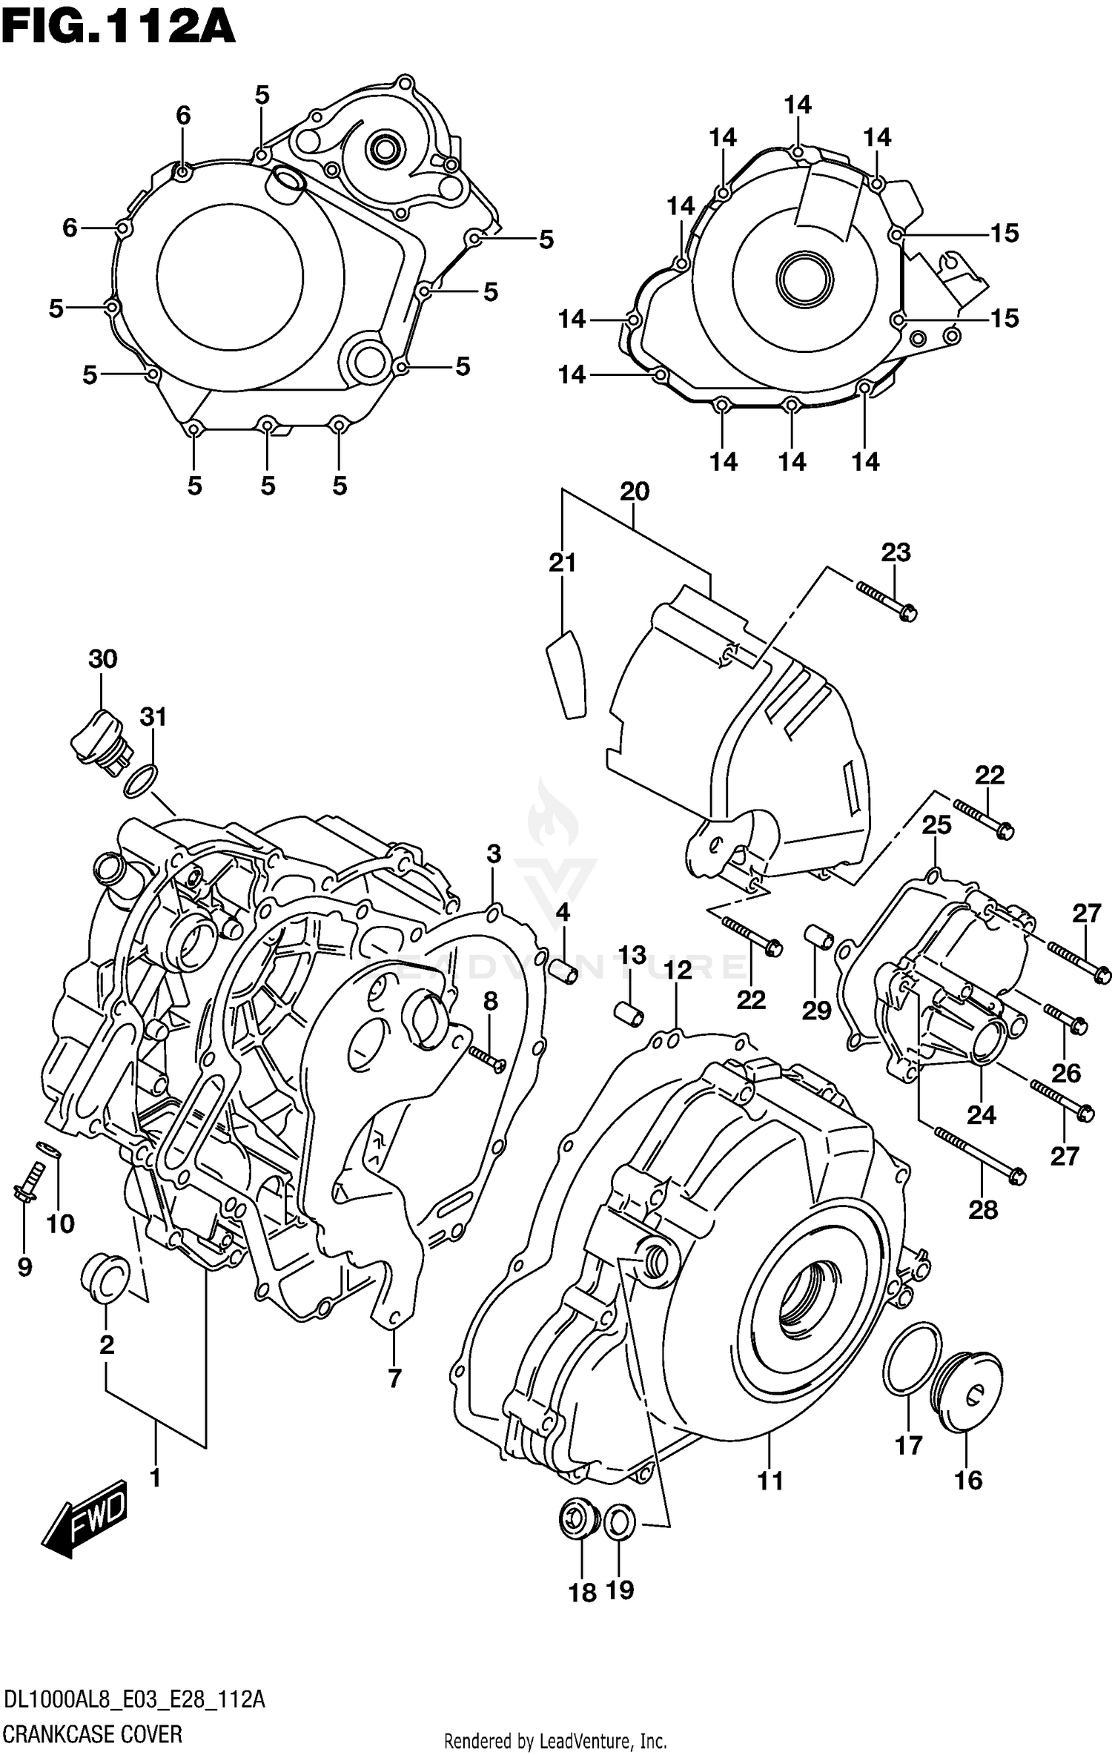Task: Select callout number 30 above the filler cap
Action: click(103, 658)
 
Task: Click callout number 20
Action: click(635, 491)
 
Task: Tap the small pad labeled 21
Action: click(567, 675)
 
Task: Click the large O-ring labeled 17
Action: click(912, 1357)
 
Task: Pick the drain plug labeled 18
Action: click(579, 1520)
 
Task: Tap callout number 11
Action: click(770, 1481)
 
